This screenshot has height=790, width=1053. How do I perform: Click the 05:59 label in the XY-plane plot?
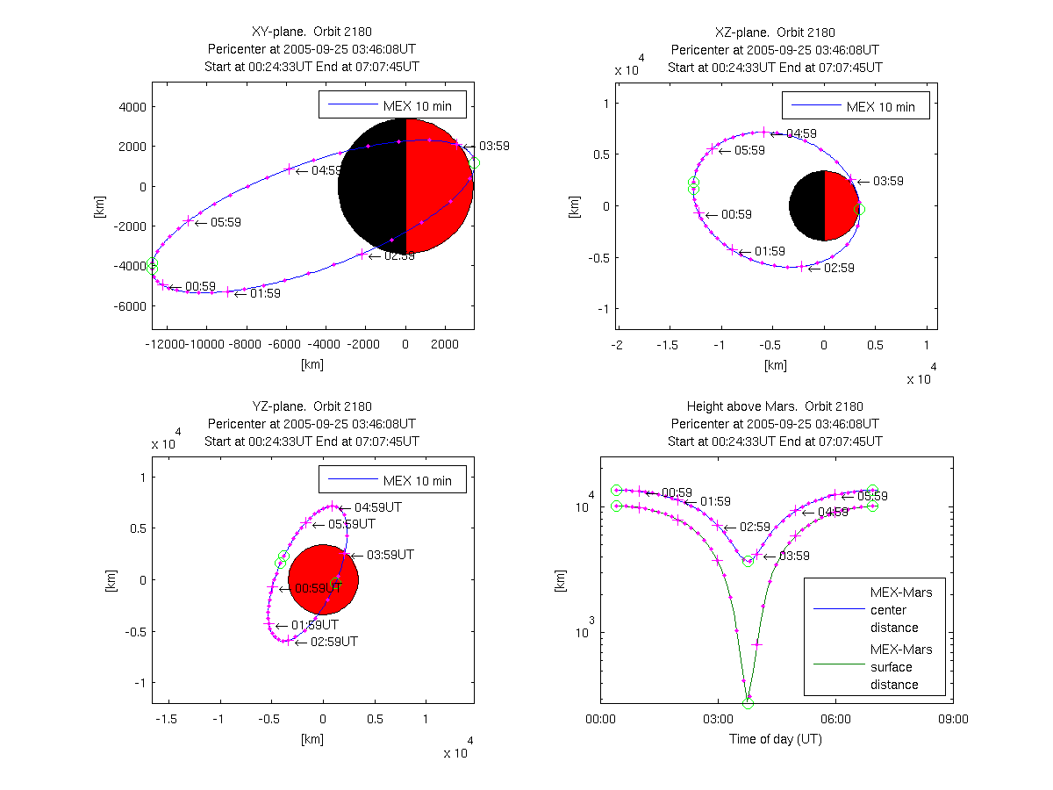coord(226,223)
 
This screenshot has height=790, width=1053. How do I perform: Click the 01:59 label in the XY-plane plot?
coord(265,294)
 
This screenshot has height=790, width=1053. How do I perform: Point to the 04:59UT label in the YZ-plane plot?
coord(377,507)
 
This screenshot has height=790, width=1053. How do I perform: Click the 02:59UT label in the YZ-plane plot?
coord(333,642)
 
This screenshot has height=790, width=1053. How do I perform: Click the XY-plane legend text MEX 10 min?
coord(417,106)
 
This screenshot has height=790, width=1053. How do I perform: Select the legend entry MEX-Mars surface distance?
coord(901,667)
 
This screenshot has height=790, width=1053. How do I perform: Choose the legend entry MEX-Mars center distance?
coord(901,610)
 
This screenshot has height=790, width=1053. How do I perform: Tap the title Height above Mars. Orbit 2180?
coord(775,406)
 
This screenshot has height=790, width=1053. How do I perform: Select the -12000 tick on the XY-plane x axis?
coord(170,344)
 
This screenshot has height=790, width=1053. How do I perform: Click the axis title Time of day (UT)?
coord(776,739)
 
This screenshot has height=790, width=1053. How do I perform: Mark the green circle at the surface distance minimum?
coord(748,703)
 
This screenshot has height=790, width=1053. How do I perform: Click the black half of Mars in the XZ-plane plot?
coord(806,206)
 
